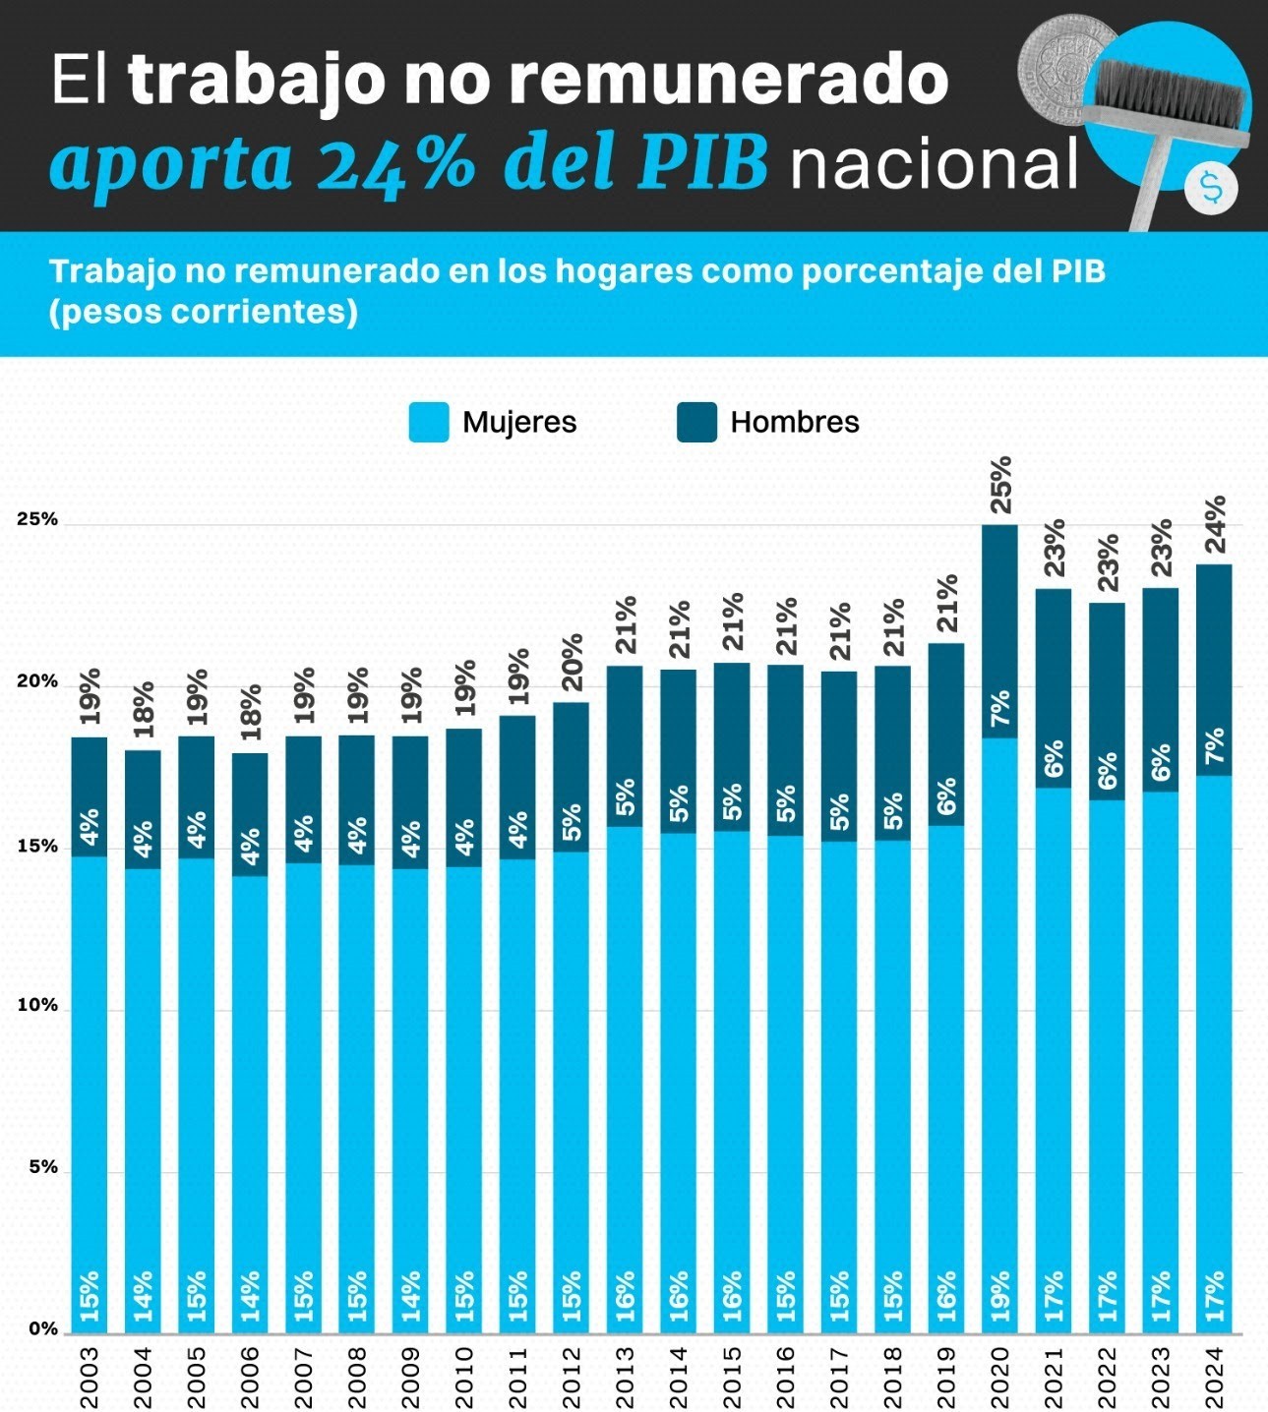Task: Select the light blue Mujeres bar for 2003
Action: tap(90, 1082)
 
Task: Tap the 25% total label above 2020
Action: tap(1000, 485)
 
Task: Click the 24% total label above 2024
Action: tap(1215, 524)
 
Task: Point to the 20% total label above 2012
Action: tap(572, 663)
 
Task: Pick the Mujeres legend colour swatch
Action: tap(429, 422)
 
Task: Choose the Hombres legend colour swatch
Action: tap(696, 422)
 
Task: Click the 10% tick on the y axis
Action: tap(37, 1006)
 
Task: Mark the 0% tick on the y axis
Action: tap(42, 1329)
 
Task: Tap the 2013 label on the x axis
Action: tap(626, 1377)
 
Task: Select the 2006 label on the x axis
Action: tap(251, 1377)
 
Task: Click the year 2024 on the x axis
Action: tap(1215, 1377)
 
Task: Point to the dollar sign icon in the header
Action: tap(1211, 188)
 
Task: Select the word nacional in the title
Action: tap(934, 163)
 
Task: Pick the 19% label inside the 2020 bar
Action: tap(1000, 1295)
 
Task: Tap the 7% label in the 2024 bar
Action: tap(1215, 746)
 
